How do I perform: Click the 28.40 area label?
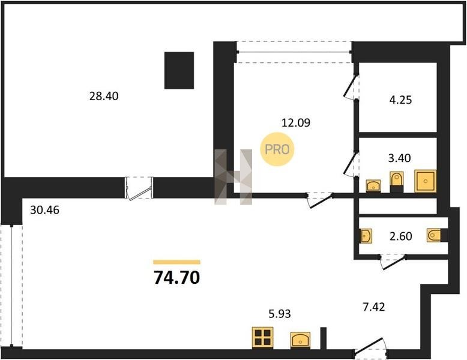tap(104, 96)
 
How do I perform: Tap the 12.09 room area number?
tap(296, 122)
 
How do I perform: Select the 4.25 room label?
tap(400, 100)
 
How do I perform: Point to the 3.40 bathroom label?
tap(399, 158)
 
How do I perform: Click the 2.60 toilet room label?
tap(401, 236)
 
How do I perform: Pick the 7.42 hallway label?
tap(374, 307)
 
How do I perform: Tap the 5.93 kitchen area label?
tap(280, 314)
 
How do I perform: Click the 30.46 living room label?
tap(45, 210)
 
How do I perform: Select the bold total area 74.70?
tap(176, 278)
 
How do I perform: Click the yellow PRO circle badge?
tap(277, 149)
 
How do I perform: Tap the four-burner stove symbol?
tap(263, 338)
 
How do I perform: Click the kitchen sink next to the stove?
tap(301, 340)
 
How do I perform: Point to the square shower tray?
tap(426, 181)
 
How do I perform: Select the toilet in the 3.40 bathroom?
tap(397, 182)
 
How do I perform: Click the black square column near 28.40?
tap(179, 71)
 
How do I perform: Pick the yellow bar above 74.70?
tap(177, 262)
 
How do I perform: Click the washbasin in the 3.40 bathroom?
tap(373, 186)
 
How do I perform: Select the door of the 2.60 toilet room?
tap(393, 262)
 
